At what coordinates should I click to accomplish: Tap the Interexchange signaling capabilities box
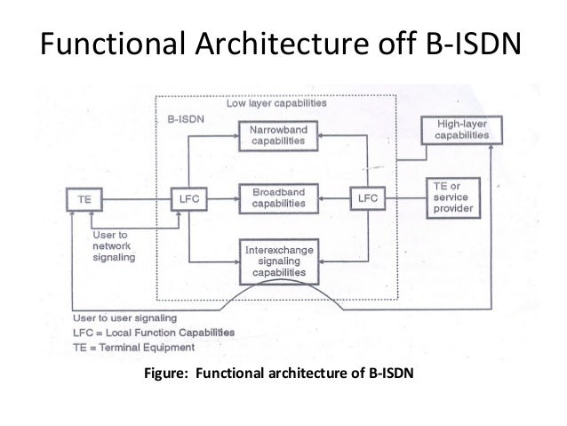(279, 261)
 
